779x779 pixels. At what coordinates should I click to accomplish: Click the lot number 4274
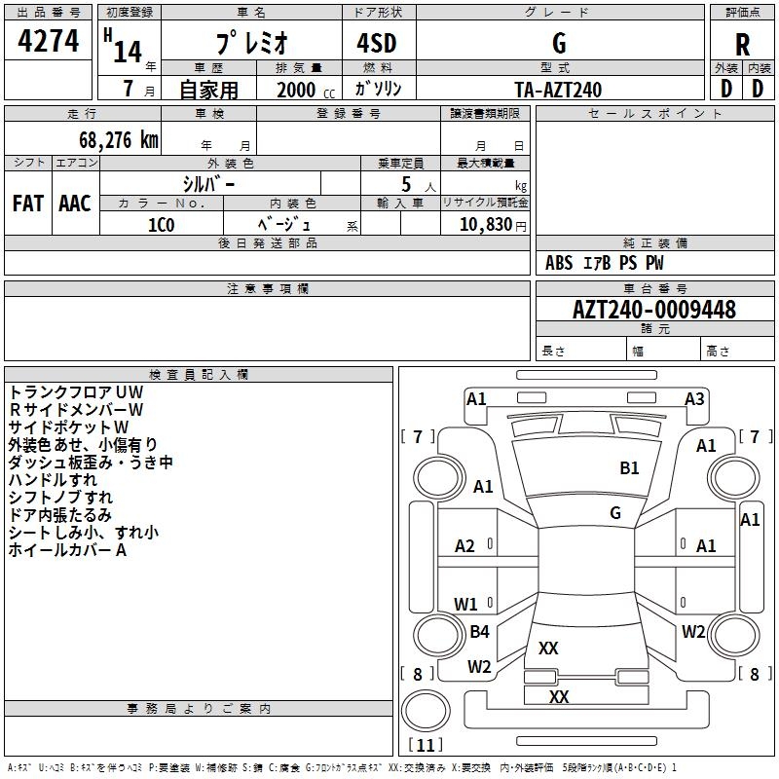pyautogui.click(x=49, y=41)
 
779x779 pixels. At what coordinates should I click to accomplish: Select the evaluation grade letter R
pyautogui.click(x=742, y=44)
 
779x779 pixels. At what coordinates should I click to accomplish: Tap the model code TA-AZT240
pyautogui.click(x=558, y=90)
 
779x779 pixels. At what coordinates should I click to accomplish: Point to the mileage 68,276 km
pyautogui.click(x=104, y=139)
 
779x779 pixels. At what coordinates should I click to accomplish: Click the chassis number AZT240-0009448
pyautogui.click(x=654, y=310)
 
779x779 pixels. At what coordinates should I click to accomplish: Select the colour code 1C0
pyautogui.click(x=161, y=224)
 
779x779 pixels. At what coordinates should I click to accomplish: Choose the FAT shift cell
pyautogui.click(x=27, y=204)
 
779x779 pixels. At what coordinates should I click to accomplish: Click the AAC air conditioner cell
pyautogui.click(x=75, y=204)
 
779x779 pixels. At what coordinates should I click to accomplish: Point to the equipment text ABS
pyautogui.click(x=559, y=263)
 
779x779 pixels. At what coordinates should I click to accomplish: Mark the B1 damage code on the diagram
pyautogui.click(x=630, y=468)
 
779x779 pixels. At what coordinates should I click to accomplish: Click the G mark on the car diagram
pyautogui.click(x=615, y=512)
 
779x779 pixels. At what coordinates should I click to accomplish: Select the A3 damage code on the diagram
pyautogui.click(x=694, y=398)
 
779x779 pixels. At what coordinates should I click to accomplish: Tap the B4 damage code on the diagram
pyautogui.click(x=479, y=632)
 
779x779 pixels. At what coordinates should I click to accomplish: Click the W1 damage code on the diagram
pyautogui.click(x=465, y=604)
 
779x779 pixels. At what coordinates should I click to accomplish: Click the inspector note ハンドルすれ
pyautogui.click(x=53, y=480)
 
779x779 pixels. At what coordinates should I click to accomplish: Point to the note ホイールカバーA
pyautogui.click(x=68, y=550)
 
